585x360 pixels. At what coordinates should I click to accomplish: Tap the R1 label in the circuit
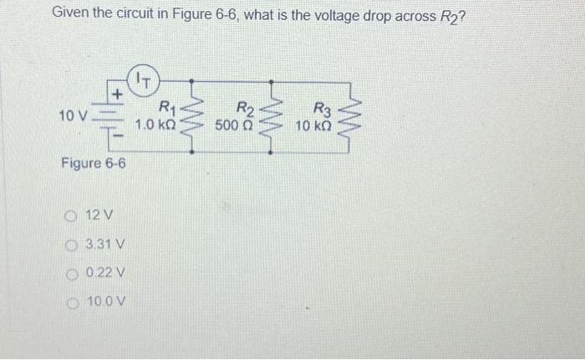pos(165,107)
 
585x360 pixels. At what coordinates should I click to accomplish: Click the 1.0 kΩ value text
pos(155,124)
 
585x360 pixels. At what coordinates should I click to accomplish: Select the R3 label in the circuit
pos(321,107)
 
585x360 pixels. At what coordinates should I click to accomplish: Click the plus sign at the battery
pos(119,95)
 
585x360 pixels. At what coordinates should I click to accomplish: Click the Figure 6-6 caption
pos(94,163)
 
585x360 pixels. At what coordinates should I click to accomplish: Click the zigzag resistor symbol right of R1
pos(193,117)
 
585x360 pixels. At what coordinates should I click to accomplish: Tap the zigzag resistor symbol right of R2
pos(270,117)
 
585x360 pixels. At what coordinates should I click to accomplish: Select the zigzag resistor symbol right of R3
pos(351,117)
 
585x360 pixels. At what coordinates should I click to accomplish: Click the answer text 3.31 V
pos(105,245)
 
